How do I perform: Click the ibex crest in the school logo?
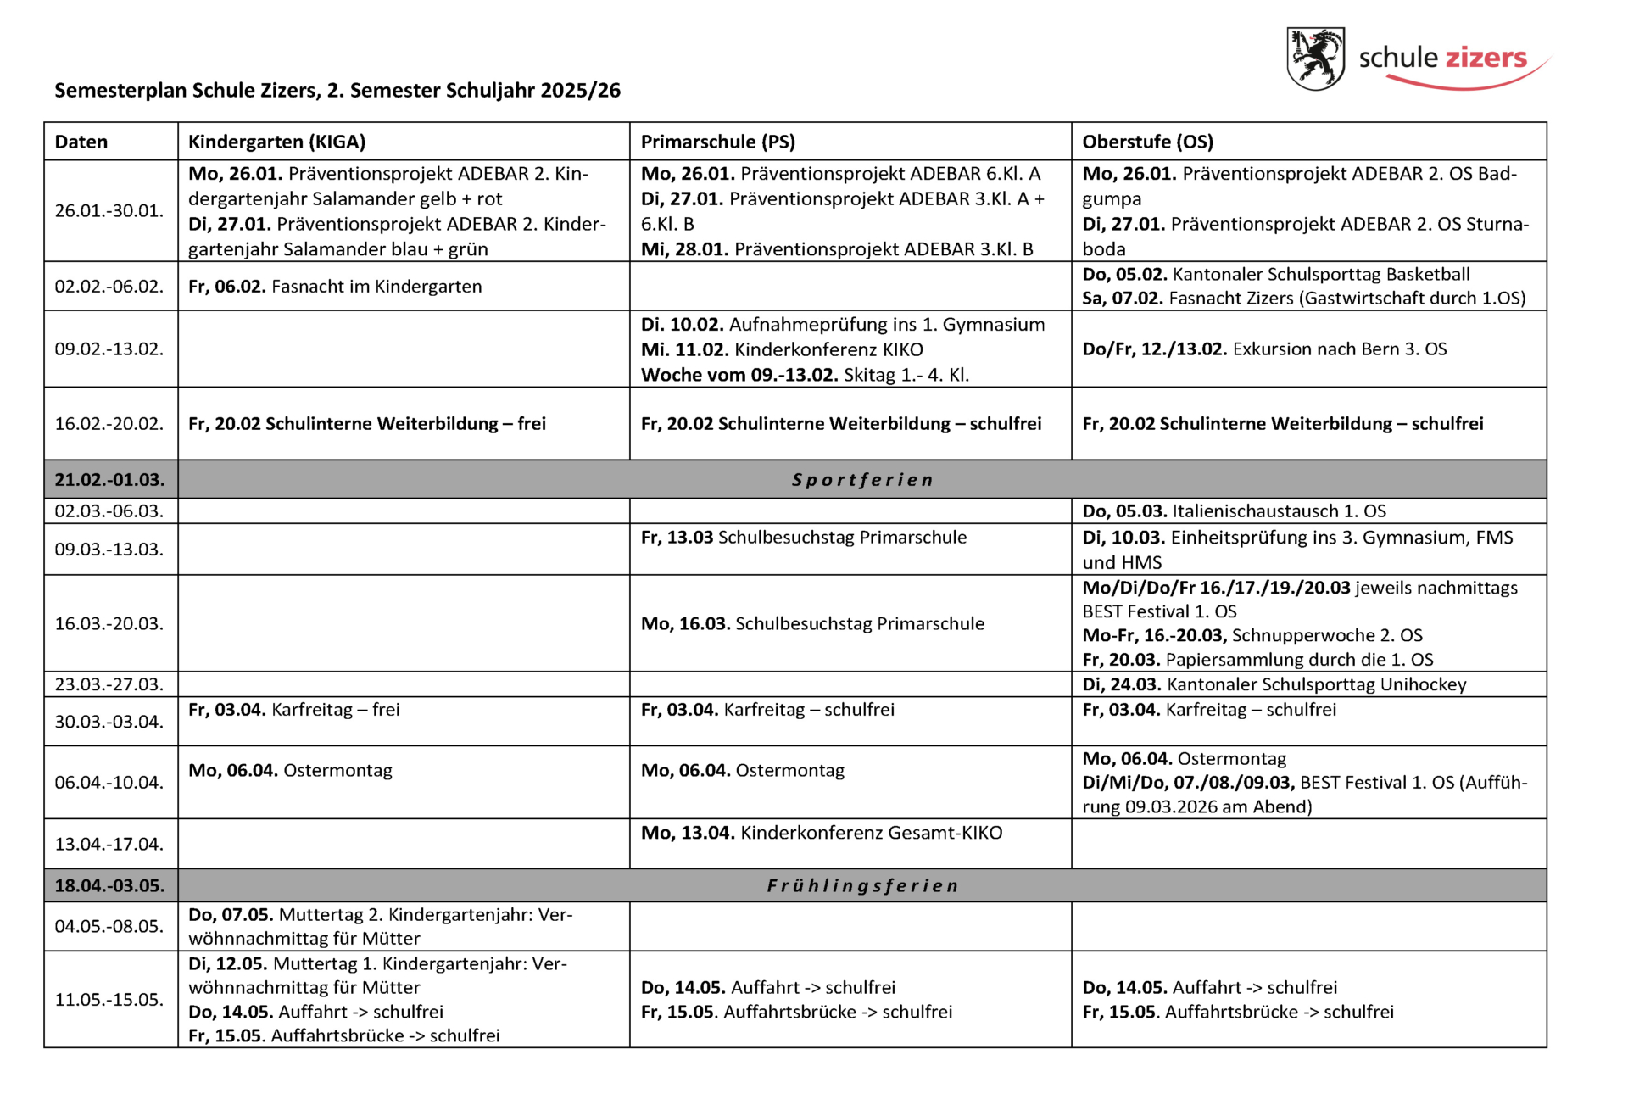[x=1315, y=58]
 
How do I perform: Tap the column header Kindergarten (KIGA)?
[x=276, y=142]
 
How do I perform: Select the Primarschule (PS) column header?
[x=717, y=142]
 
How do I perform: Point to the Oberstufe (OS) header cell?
[x=1147, y=142]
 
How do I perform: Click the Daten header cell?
[x=81, y=142]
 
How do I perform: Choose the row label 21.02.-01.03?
[x=109, y=480]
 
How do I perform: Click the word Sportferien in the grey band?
[x=862, y=480]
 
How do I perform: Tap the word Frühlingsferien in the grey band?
[x=862, y=886]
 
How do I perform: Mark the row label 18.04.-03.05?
[x=109, y=886]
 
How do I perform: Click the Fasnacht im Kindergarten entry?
[x=335, y=287]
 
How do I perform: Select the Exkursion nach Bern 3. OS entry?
[x=1264, y=349]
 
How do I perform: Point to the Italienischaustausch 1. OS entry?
[x=1234, y=511]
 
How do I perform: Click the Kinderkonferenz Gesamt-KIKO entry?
[x=821, y=833]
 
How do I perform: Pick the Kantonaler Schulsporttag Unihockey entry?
[x=1274, y=684]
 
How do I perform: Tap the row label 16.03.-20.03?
[x=109, y=624]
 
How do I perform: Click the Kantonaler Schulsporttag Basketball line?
[x=1276, y=275]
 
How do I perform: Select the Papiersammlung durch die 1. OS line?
[x=1257, y=660]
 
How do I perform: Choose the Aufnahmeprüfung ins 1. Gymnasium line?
[x=843, y=325]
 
